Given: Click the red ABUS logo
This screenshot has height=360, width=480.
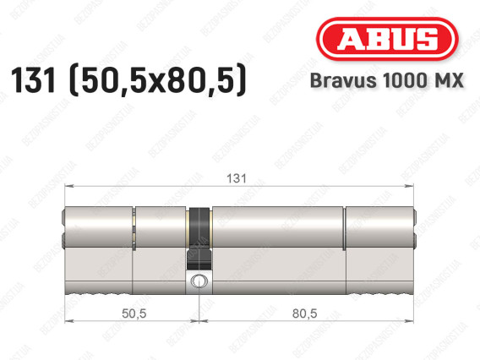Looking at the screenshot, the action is tap(387, 39).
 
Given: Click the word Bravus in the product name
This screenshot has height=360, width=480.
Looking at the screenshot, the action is tap(343, 80).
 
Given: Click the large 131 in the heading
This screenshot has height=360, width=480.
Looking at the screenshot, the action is tap(33, 79).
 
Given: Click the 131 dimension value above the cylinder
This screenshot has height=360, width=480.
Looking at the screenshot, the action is tap(237, 178).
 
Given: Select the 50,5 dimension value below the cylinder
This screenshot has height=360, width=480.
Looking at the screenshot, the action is tap(134, 314).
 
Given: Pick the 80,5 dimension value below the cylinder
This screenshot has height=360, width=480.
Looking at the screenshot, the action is tap(305, 314).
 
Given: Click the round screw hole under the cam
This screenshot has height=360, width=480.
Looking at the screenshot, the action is tap(199, 281).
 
